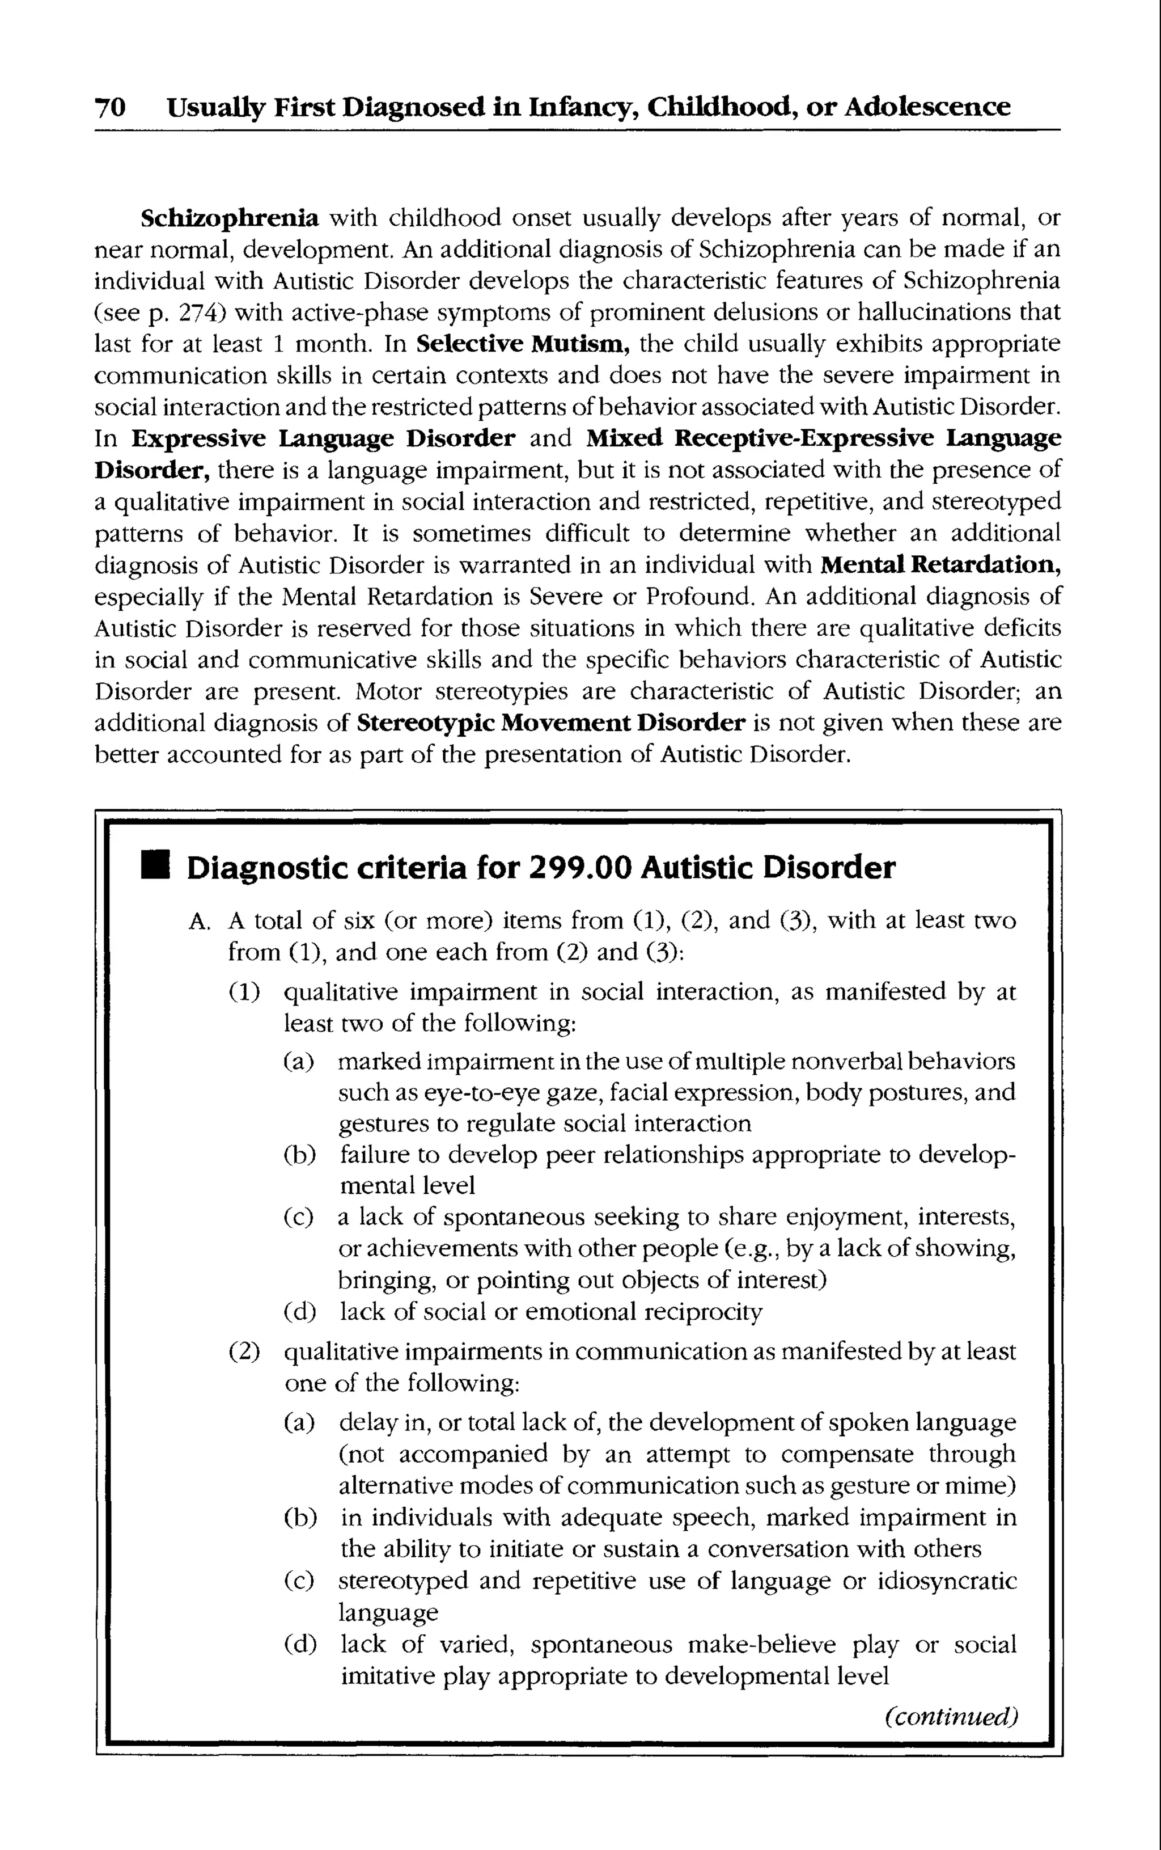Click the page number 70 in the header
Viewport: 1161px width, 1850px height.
(110, 107)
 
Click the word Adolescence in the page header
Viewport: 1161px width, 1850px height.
(927, 107)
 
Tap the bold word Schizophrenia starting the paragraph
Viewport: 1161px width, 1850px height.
(230, 218)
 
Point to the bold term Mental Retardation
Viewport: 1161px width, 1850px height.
(940, 565)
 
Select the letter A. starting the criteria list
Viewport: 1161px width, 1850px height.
(199, 922)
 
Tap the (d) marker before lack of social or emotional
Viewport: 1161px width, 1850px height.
(299, 1312)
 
